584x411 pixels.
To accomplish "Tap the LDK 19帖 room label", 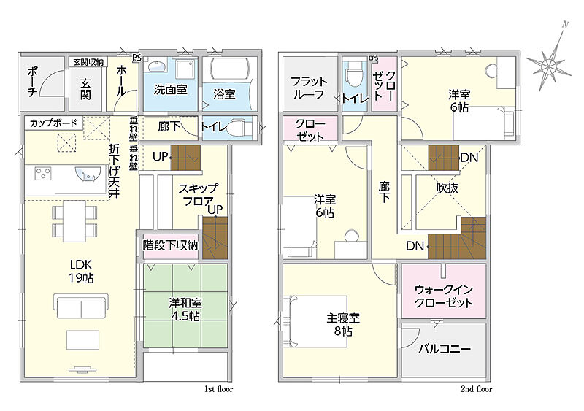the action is coord(81,272).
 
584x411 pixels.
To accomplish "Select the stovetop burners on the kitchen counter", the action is coord(43,173).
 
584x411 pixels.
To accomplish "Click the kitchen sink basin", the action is coord(88,174).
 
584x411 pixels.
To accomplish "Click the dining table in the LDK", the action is coord(74,221).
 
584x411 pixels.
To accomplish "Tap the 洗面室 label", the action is coord(170,90).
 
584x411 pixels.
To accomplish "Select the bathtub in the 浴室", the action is coord(228,68).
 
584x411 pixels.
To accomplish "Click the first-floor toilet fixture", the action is coord(239,128).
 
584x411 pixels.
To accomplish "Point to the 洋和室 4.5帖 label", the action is coord(185,310).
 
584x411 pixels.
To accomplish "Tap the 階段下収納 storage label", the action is coord(170,245).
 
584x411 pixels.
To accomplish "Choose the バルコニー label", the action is coord(445,349).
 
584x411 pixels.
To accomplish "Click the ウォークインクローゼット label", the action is coord(444,296).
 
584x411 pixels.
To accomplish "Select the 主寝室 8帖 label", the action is coord(343,324).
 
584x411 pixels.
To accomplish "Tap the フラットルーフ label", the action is coord(309,88).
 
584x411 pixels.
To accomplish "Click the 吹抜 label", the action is coord(447,188).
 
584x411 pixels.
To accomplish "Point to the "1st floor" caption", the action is coord(218,389).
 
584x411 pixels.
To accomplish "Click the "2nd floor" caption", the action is coord(477,389).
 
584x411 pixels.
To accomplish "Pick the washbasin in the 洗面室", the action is coord(156,66).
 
